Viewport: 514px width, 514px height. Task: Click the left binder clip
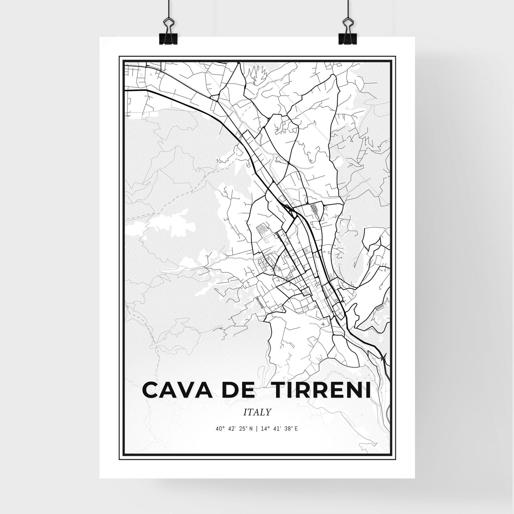point(169,32)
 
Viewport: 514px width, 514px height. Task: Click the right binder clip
point(346,32)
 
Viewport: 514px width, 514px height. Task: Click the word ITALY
point(257,412)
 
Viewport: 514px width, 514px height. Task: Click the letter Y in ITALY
point(268,412)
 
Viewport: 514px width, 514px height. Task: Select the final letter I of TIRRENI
point(367,391)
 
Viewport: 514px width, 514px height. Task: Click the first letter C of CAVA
point(151,391)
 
